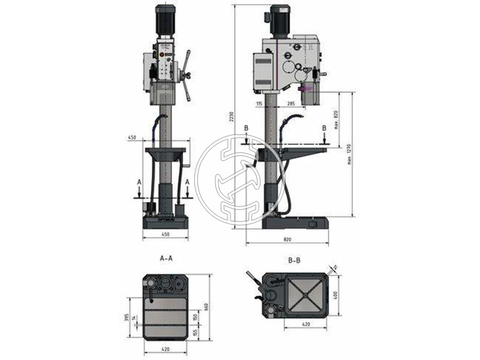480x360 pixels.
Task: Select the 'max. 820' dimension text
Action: [337, 119]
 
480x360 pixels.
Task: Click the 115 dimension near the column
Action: [259, 104]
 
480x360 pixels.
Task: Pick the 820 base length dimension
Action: [287, 240]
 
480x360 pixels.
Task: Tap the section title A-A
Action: [166, 259]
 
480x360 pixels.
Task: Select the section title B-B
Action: [295, 261]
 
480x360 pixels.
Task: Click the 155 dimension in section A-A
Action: [196, 331]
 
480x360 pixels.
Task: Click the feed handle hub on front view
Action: [187, 75]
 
